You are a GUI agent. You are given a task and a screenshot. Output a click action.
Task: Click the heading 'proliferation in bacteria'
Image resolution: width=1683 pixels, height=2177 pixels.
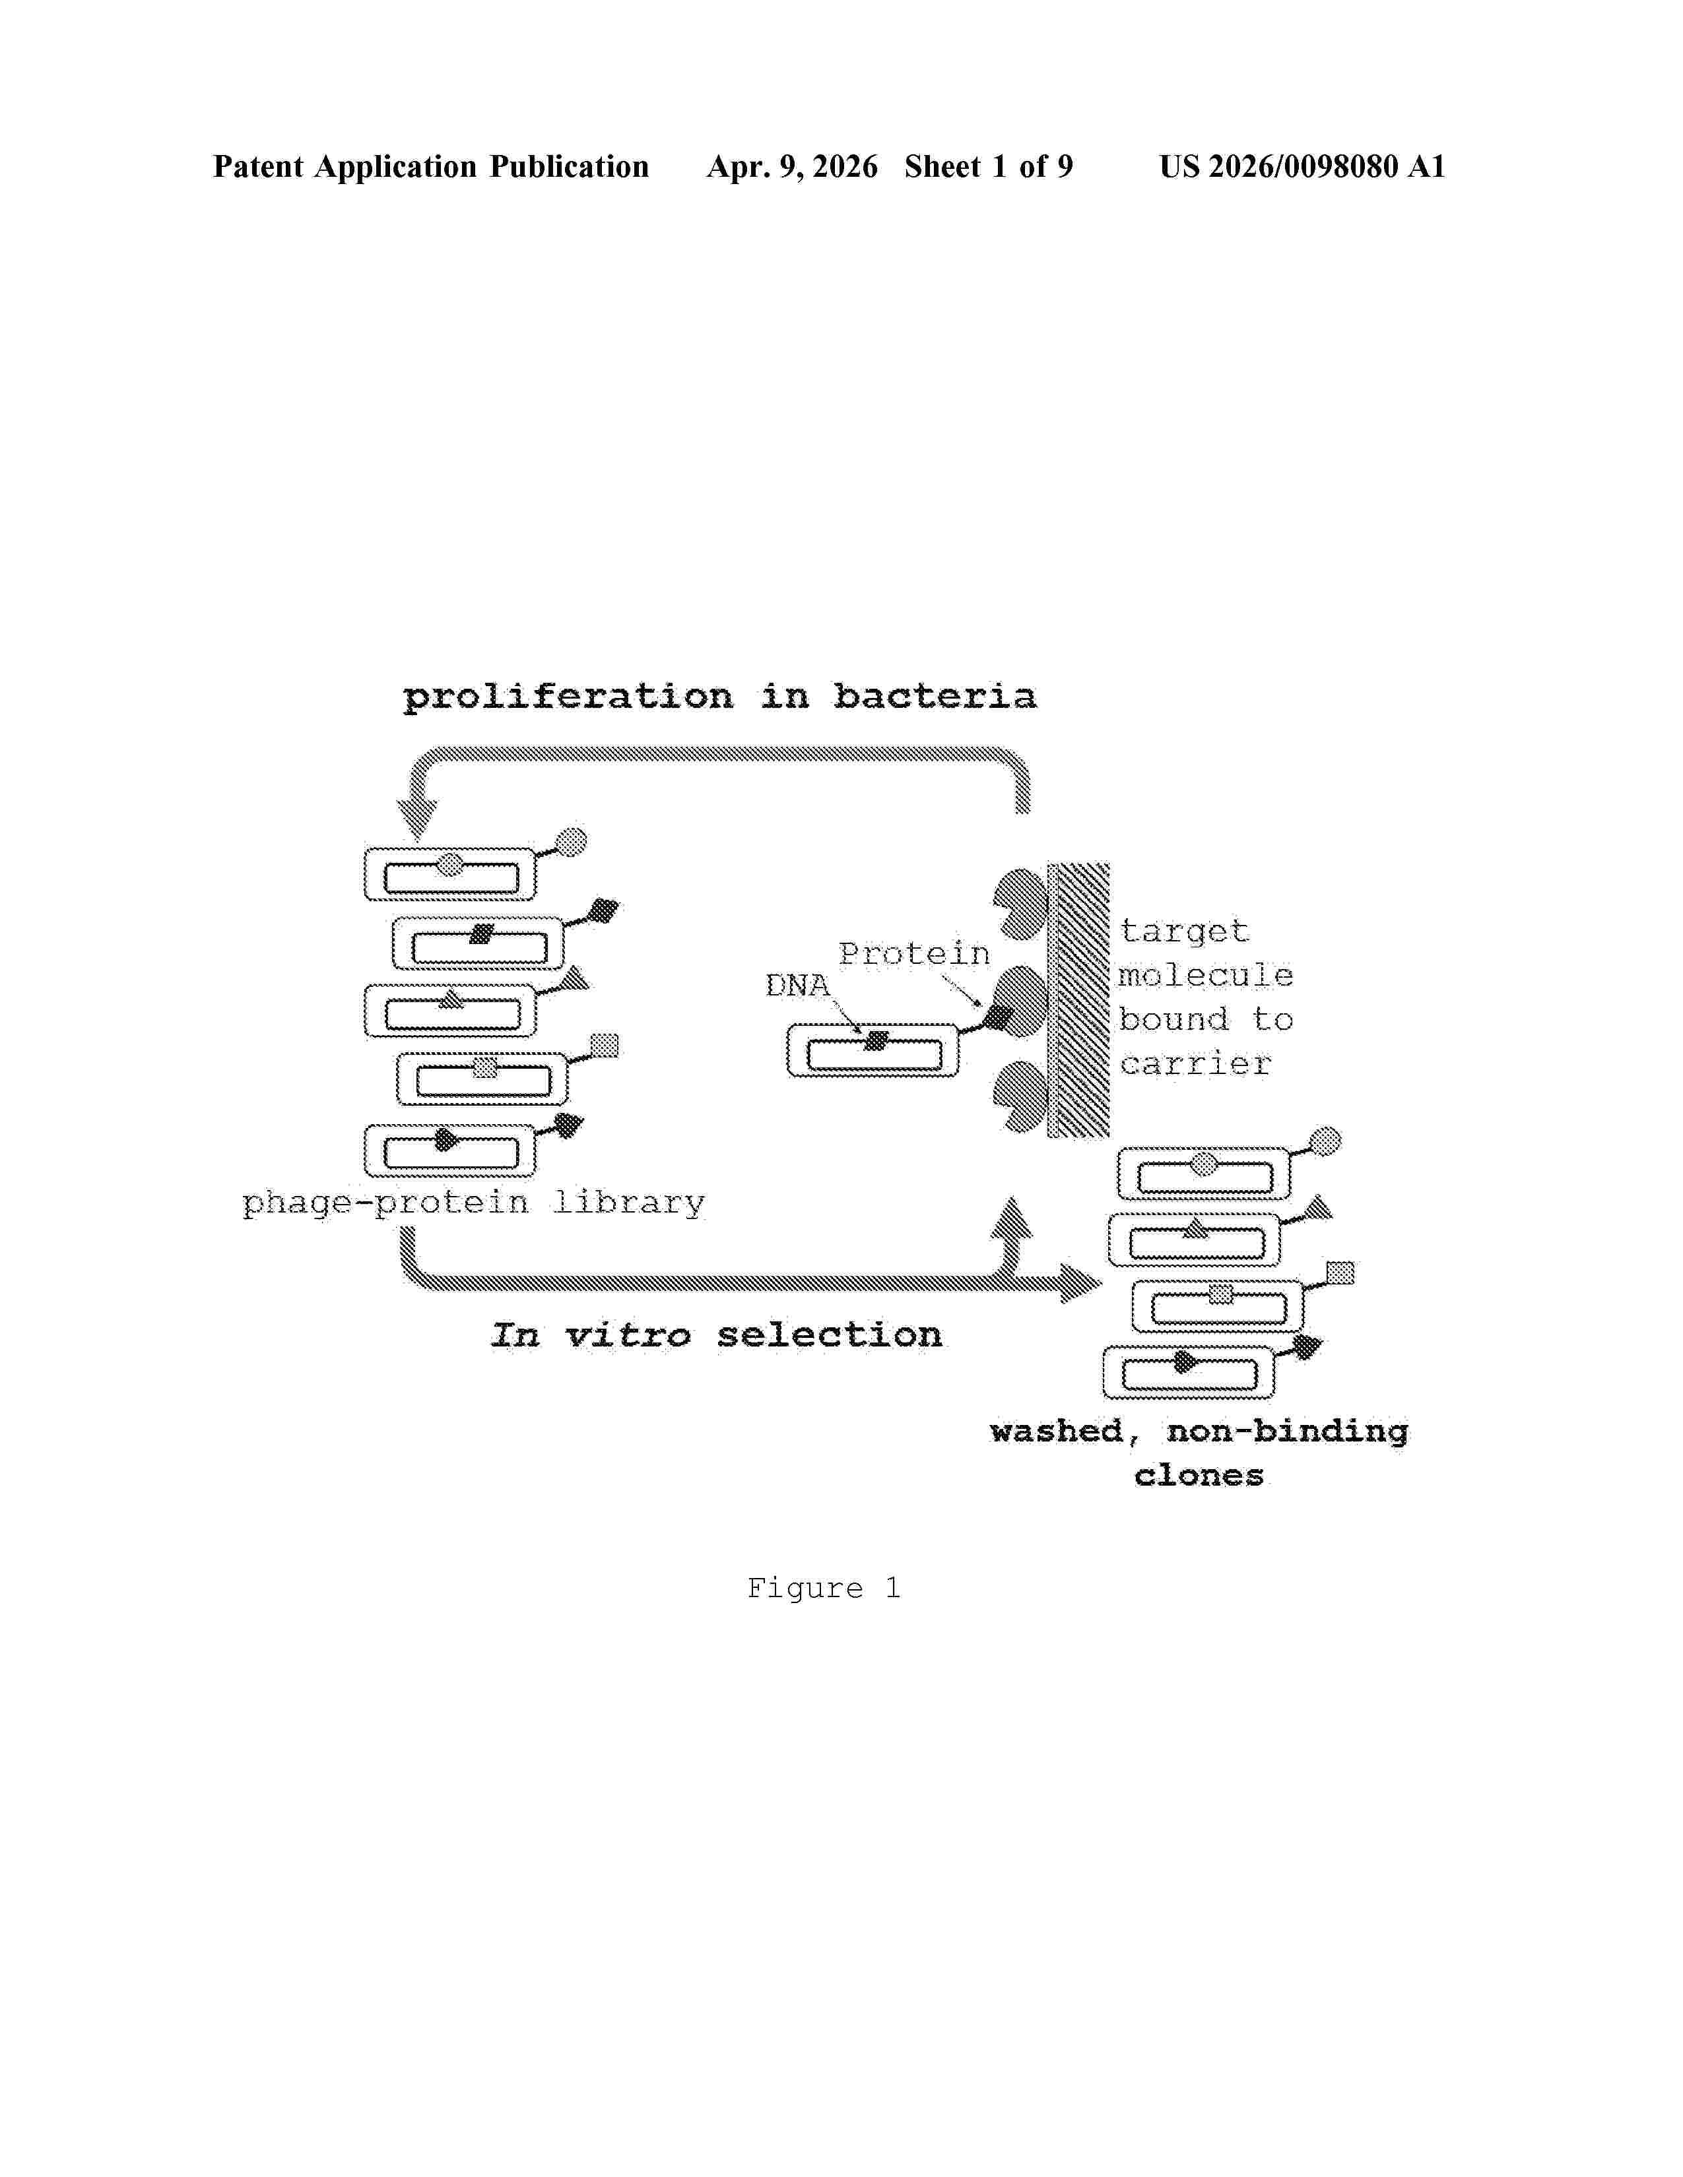(x=719, y=696)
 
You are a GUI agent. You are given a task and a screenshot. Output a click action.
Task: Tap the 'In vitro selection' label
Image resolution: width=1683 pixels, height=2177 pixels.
(x=716, y=1335)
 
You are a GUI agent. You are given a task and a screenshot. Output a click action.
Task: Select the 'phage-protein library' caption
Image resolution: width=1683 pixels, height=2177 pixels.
(x=474, y=1203)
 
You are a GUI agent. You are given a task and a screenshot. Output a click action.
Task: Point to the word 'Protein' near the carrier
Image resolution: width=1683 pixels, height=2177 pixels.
(x=914, y=954)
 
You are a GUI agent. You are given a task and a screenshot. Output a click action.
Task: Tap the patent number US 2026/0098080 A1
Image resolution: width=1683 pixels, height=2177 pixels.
(x=1302, y=166)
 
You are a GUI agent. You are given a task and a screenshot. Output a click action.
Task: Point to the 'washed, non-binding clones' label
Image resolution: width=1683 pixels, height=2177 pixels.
(x=1199, y=1453)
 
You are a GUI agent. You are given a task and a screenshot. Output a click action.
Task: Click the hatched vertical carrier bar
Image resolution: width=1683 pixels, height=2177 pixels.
(x=1078, y=1000)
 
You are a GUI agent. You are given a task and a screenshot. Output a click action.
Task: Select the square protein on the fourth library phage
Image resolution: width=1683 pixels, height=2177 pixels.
(x=604, y=1046)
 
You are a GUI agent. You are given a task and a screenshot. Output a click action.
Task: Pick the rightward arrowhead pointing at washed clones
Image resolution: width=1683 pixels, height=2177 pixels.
(x=1081, y=1283)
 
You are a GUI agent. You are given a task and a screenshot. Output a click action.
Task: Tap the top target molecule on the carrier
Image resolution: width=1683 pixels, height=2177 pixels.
(x=1020, y=904)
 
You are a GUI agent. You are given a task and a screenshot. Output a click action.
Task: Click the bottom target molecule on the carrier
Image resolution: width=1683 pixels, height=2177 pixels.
(x=1020, y=1096)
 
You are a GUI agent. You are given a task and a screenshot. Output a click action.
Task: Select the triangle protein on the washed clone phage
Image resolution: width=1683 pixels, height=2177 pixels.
(x=1319, y=1207)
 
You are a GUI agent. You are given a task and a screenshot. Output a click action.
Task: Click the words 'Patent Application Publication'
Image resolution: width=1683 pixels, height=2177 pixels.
(x=431, y=166)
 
